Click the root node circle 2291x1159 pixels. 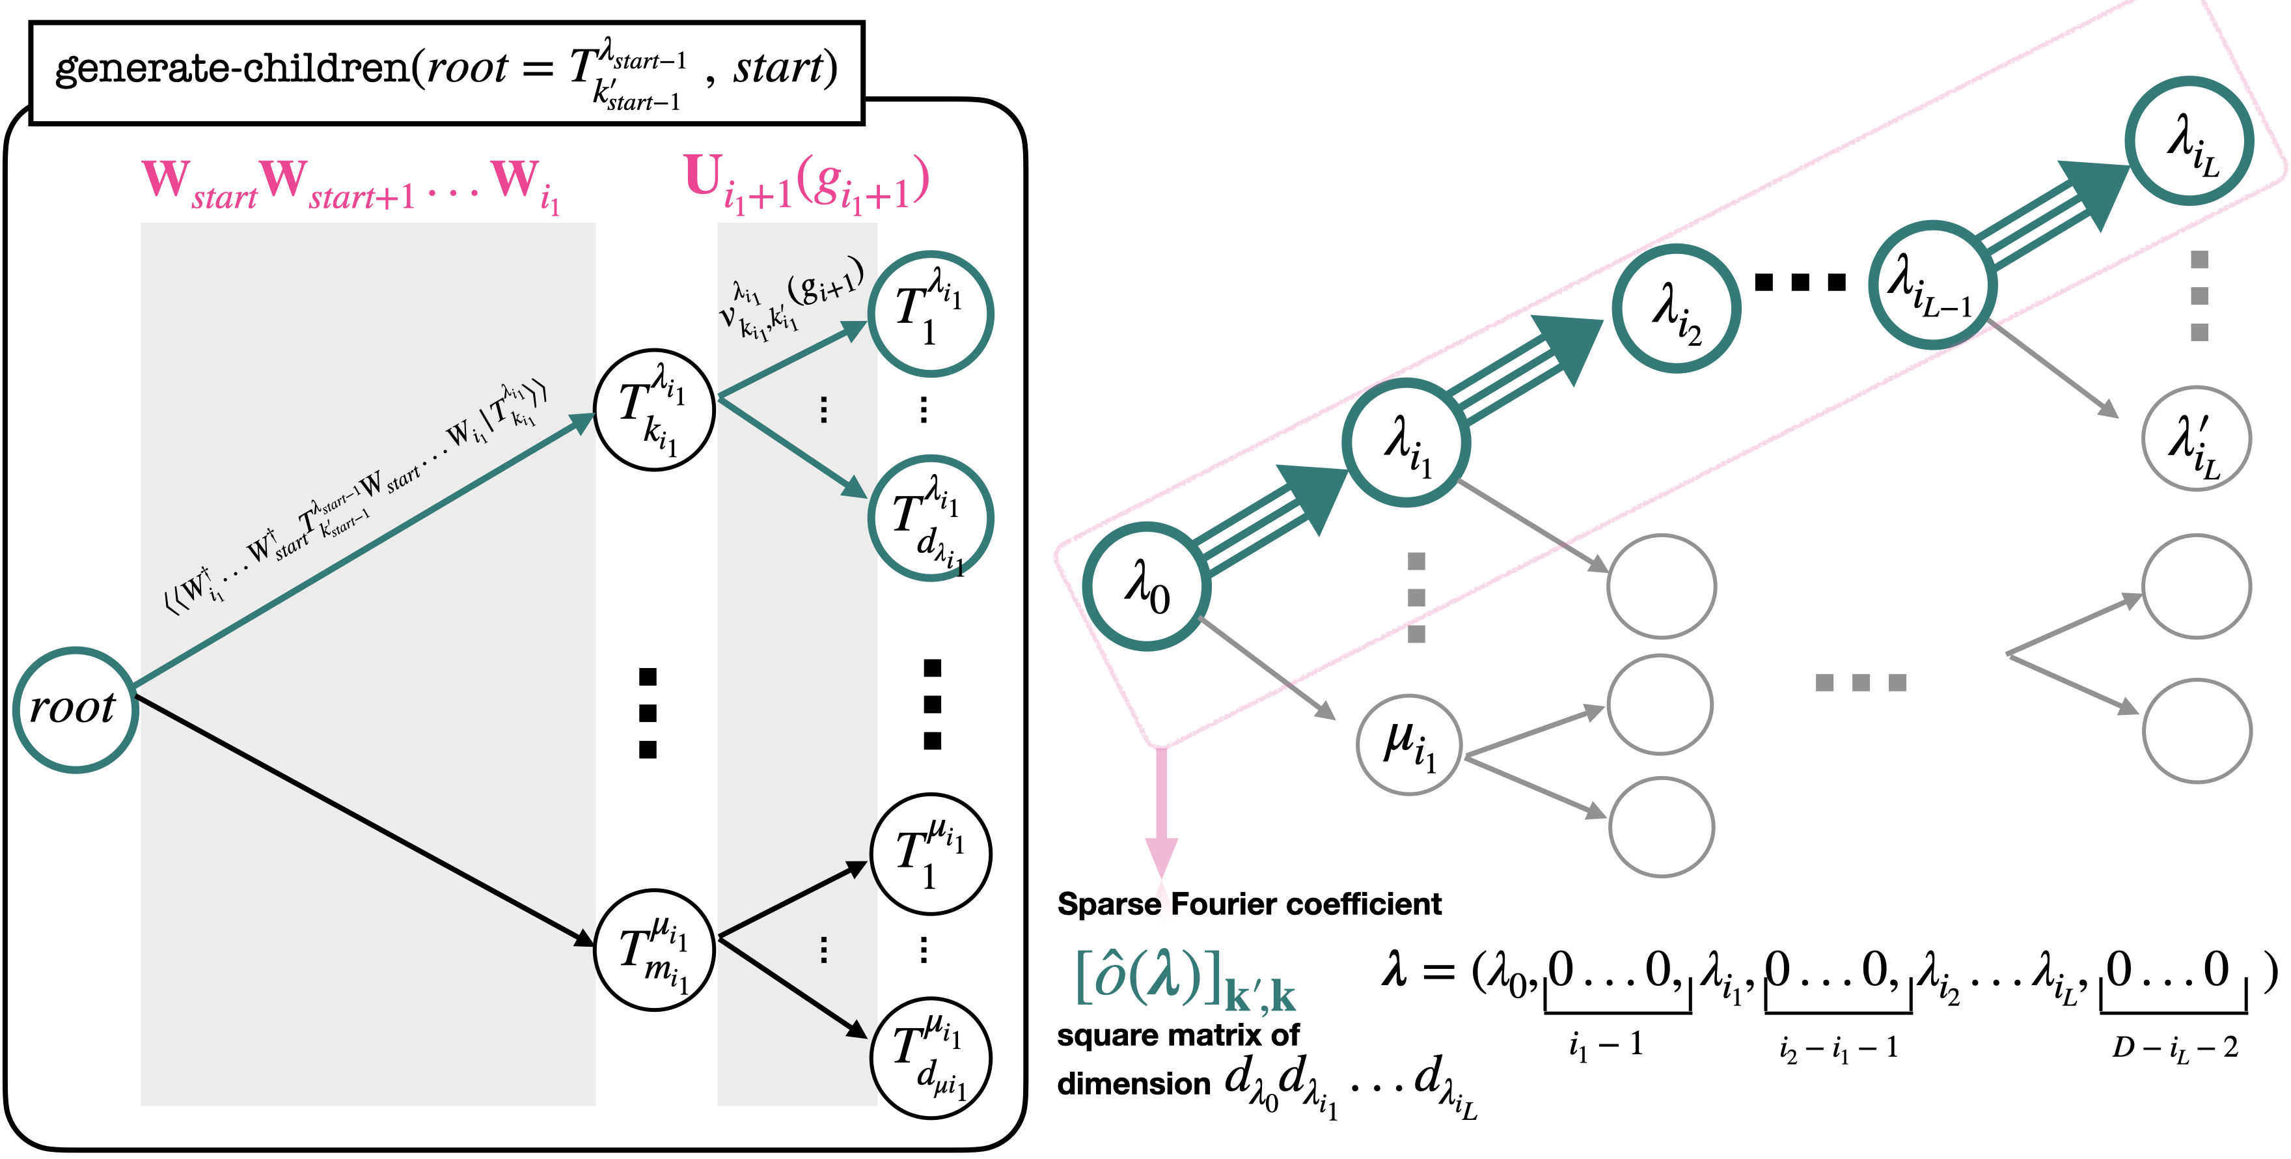(x=75, y=709)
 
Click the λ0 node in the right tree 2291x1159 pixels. (x=1146, y=587)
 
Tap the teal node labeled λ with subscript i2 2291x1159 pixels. (x=1675, y=308)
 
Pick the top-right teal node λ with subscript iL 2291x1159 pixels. (x=2189, y=141)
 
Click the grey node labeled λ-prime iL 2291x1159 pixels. (x=2196, y=438)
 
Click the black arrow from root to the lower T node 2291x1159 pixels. (x=364, y=819)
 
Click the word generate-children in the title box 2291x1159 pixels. (x=231, y=68)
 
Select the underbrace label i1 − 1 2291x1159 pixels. (x=1605, y=1043)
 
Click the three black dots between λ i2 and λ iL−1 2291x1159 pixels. (x=1800, y=283)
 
